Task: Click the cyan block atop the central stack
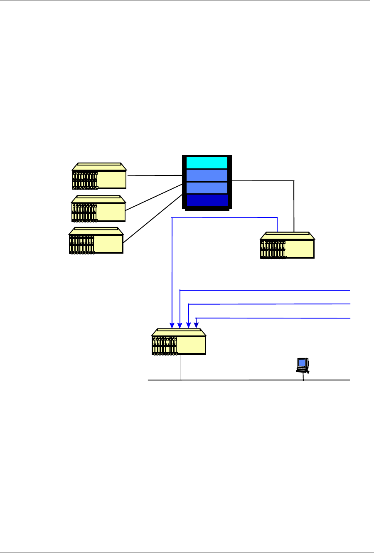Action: [207, 162]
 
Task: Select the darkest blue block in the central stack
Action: [207, 200]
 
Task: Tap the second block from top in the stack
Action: [207, 175]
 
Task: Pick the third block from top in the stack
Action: [207, 188]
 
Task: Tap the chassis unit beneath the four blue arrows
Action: [179, 342]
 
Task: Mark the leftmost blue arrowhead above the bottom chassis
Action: [172, 325]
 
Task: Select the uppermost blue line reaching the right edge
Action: [266, 290]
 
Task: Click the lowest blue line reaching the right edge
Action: [274, 318]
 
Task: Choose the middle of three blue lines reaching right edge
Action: [270, 304]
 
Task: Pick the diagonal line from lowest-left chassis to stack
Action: [152, 218]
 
